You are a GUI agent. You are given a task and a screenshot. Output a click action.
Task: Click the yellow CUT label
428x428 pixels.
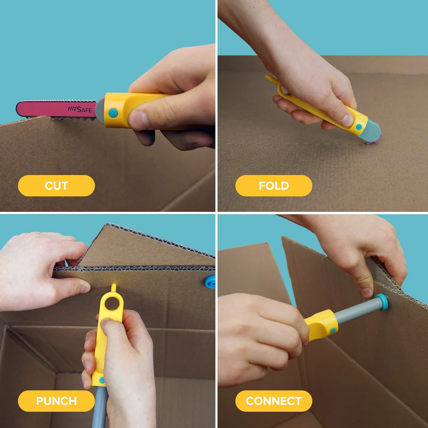56,186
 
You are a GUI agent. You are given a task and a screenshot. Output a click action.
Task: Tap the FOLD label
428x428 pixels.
273,186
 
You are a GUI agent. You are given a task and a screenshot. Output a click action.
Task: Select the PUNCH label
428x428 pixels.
56,401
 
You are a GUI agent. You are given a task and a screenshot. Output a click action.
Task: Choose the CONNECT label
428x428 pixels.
273,401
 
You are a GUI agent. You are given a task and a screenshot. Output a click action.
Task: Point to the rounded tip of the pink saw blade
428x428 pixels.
20,109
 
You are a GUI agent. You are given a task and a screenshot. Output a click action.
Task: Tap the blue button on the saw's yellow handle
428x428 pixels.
113,113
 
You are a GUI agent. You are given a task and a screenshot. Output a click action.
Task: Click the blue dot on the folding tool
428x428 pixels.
358,127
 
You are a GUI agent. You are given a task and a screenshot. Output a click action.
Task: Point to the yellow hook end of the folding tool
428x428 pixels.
269,79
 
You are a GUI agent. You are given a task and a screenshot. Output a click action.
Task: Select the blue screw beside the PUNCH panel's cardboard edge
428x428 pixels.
210,282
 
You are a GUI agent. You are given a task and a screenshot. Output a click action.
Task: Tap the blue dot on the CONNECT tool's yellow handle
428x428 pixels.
333,330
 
